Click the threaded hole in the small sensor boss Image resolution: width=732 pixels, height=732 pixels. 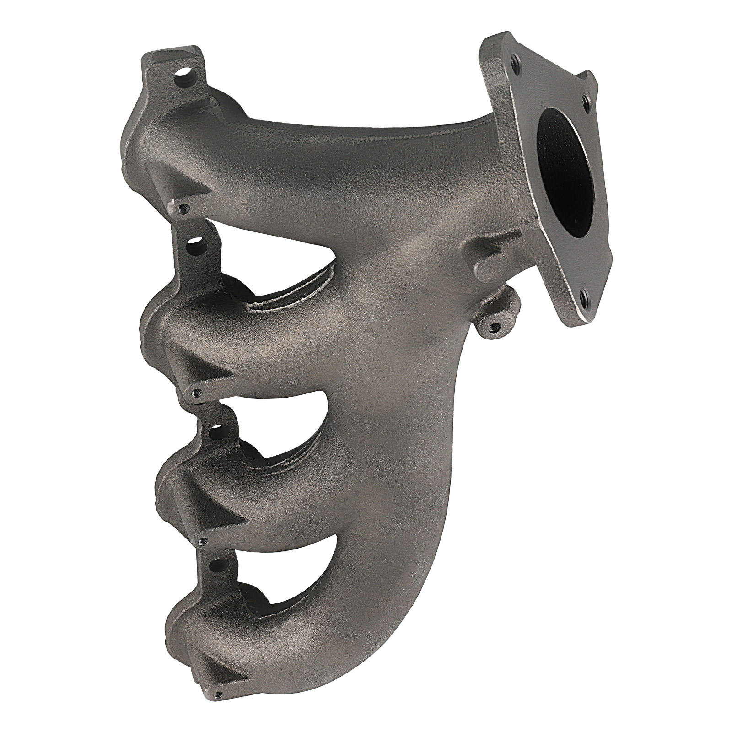pyautogui.click(x=494, y=326)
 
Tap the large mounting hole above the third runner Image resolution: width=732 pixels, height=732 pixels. pyautogui.click(x=215, y=429)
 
